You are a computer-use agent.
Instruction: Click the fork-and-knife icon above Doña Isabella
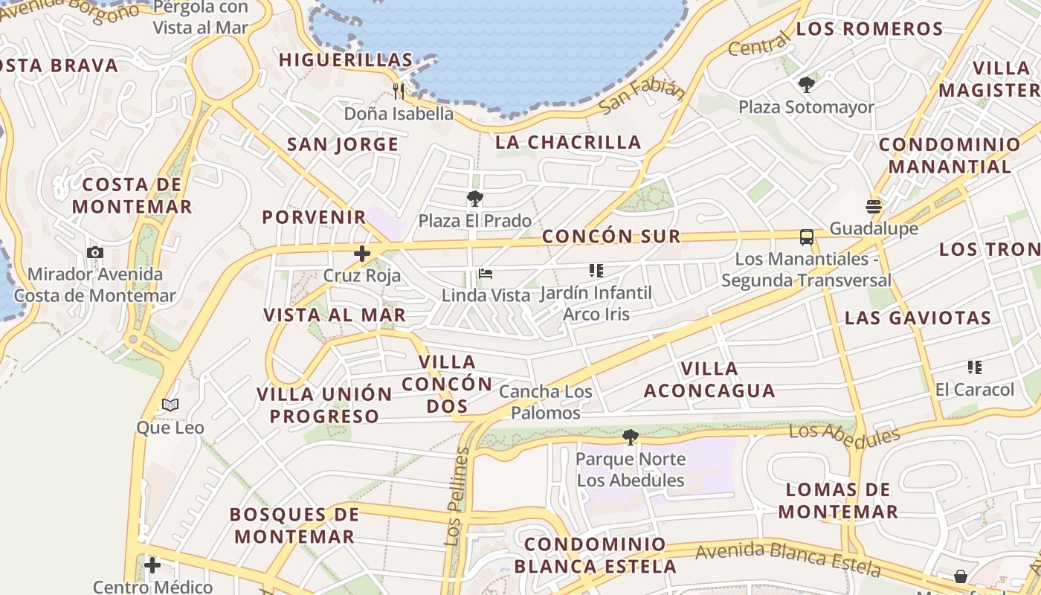pos(399,91)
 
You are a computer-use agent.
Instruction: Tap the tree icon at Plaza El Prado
pos(474,199)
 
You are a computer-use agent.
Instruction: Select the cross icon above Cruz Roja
pos(362,254)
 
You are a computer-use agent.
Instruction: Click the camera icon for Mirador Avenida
pos(95,252)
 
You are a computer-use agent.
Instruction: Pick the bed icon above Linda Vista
pos(486,274)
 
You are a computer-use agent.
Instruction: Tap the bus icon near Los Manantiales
pos(807,237)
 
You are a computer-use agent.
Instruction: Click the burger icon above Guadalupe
pos(874,206)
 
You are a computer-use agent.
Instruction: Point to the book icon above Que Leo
pos(170,405)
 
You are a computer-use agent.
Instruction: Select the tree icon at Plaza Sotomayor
pos(806,85)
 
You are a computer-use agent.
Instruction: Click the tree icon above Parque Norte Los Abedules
pos(631,437)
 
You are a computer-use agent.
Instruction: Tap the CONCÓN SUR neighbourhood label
pos(611,237)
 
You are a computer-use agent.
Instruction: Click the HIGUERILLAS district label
pos(346,60)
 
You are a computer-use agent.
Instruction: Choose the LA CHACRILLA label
pos(568,142)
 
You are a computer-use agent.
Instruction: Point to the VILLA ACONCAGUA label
pos(709,379)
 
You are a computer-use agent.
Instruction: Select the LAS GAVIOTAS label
pos(918,318)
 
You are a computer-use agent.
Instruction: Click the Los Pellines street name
pos(457,497)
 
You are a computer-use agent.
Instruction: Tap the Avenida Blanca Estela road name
pos(788,559)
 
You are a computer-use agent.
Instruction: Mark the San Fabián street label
pos(642,96)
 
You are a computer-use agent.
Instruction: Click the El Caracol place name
pos(974,390)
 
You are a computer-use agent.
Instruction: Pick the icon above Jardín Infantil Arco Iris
pos(596,271)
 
